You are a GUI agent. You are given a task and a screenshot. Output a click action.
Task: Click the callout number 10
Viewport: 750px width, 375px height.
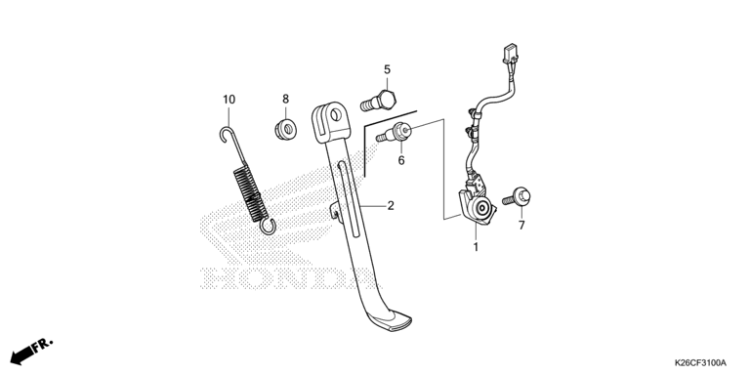coord(229,100)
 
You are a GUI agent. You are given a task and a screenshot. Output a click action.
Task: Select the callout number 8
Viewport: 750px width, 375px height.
coord(285,99)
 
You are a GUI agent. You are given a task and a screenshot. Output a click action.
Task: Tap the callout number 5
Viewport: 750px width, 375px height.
coord(387,70)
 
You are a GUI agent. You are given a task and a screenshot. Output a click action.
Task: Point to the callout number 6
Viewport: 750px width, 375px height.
coord(400,161)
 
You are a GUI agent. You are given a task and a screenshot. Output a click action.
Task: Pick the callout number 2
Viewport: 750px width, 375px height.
coord(391,206)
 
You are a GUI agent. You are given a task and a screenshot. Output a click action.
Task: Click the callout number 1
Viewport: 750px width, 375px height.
coord(476,247)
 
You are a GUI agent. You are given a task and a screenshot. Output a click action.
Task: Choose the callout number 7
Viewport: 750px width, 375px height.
coord(521,226)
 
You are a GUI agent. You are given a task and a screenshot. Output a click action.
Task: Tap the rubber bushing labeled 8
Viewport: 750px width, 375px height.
coord(285,130)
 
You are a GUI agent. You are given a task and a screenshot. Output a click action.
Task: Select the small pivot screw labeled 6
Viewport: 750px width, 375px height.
coord(394,133)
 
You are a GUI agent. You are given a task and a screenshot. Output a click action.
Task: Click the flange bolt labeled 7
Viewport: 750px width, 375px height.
coord(517,197)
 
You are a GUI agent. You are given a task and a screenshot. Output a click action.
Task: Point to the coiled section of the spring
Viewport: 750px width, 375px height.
coord(250,192)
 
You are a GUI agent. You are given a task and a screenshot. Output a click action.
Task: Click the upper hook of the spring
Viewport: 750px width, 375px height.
coord(226,135)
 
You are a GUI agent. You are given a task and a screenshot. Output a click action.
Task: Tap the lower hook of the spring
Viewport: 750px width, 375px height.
coord(268,227)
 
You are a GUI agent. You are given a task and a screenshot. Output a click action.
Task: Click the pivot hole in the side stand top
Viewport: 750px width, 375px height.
coord(336,115)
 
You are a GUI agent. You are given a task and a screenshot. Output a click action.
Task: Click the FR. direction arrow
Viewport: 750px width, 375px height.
coord(31,352)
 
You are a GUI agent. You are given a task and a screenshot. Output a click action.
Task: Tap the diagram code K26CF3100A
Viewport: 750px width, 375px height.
coord(700,362)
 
